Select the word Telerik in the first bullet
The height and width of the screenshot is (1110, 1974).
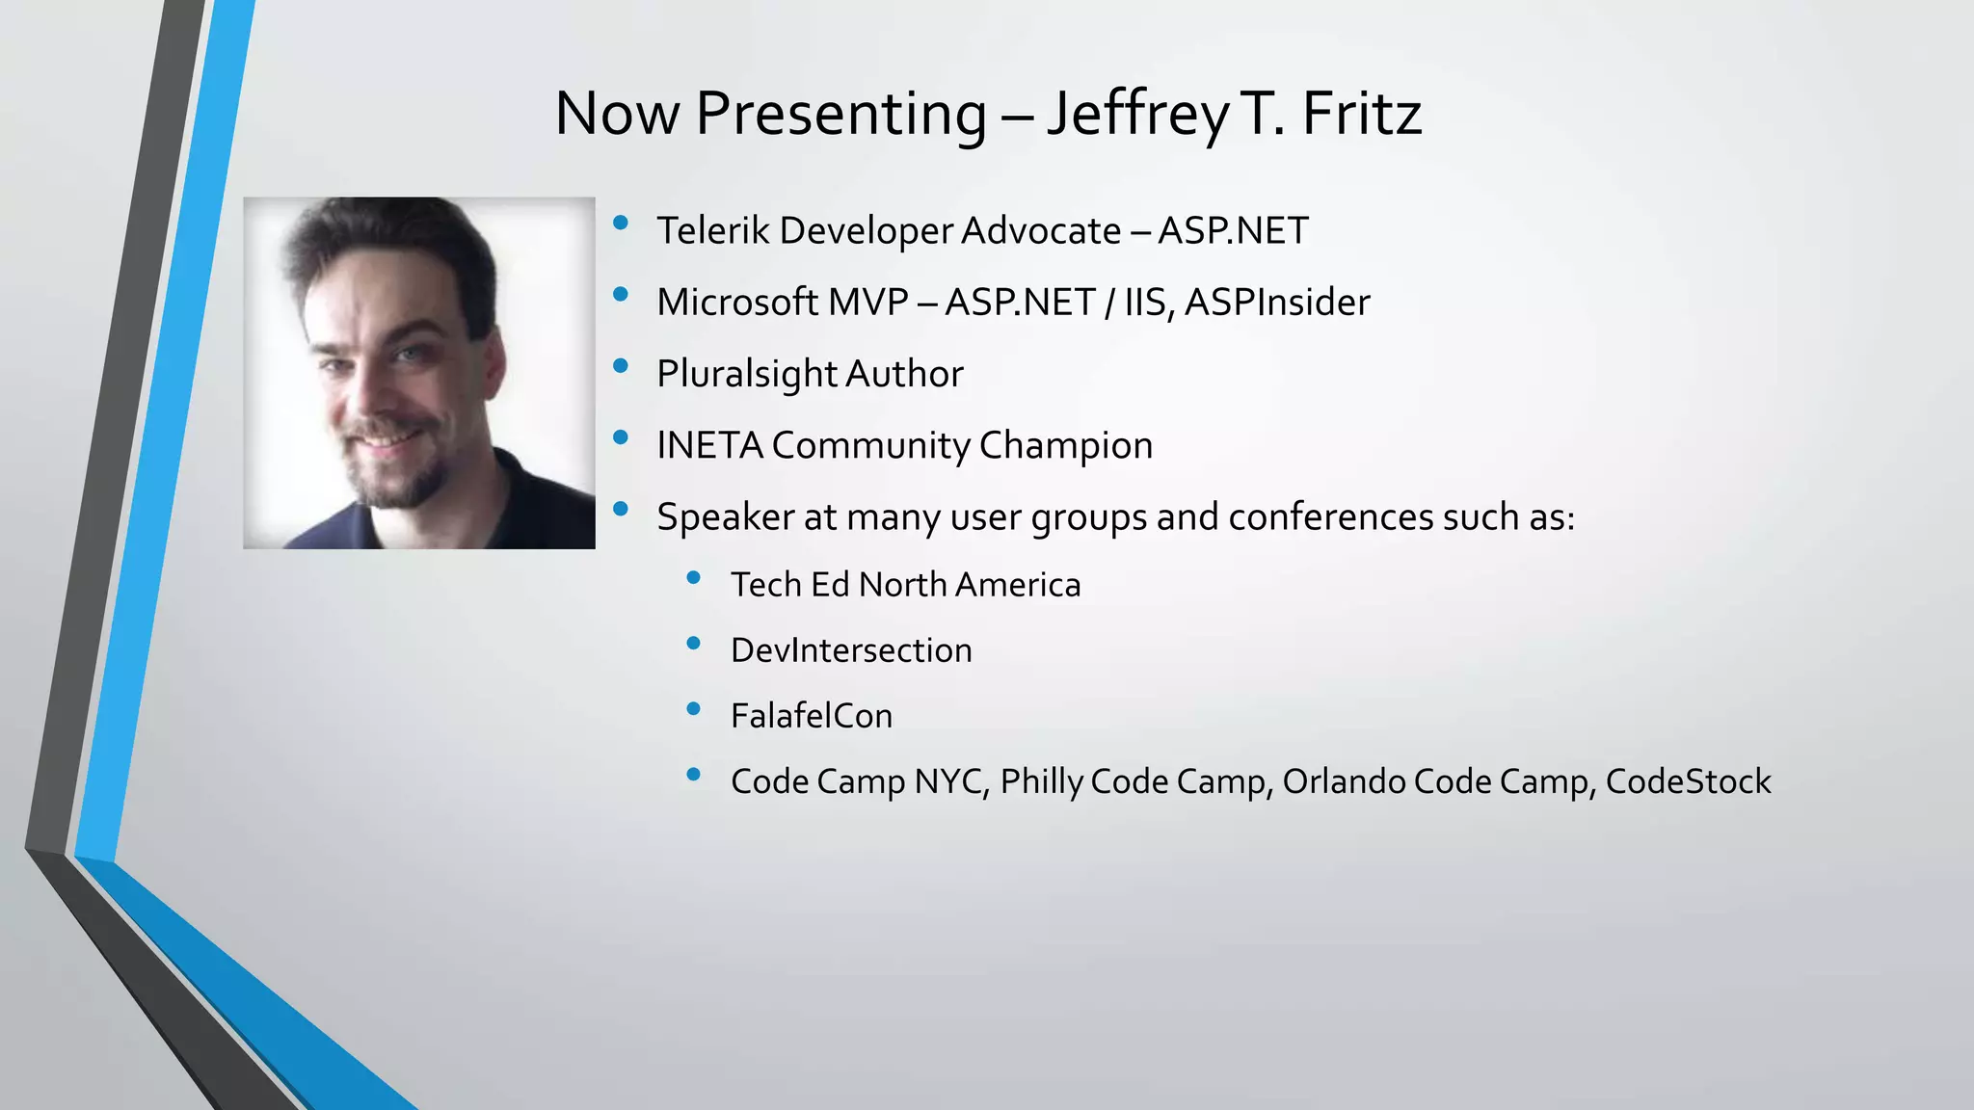point(713,231)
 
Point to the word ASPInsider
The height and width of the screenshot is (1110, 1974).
point(1277,303)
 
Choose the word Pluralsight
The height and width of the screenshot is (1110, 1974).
point(746,375)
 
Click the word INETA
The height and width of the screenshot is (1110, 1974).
point(709,445)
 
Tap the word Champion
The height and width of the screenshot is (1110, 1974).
point(1065,446)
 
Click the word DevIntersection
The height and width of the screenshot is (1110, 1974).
point(851,650)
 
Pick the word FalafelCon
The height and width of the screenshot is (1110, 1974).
point(812,716)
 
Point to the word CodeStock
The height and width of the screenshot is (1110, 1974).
point(1688,781)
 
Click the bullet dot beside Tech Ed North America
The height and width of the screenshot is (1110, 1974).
point(693,578)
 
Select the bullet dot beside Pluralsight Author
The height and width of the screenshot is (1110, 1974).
point(621,366)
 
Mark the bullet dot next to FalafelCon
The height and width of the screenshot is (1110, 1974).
point(693,709)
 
